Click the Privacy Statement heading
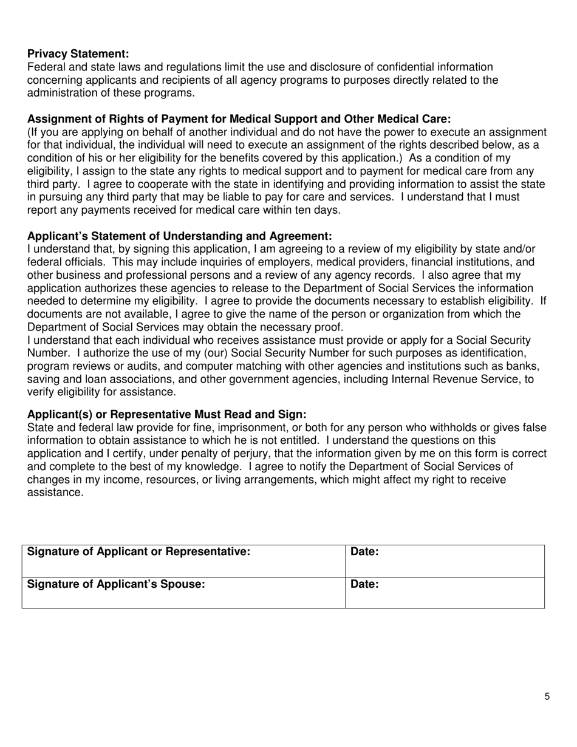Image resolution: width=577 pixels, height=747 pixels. point(78,53)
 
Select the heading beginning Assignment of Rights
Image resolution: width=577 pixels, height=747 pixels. point(239,119)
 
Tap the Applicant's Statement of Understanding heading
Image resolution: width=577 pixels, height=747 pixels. point(180,236)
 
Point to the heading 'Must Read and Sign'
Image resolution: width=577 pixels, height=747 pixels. point(167,414)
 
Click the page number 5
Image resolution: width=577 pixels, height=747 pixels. point(547,697)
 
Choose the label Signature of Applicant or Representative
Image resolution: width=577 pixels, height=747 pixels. point(139,552)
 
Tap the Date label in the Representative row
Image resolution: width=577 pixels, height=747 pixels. point(365,552)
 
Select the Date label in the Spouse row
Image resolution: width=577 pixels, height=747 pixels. point(365,584)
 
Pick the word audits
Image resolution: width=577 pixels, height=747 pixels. point(131,367)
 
